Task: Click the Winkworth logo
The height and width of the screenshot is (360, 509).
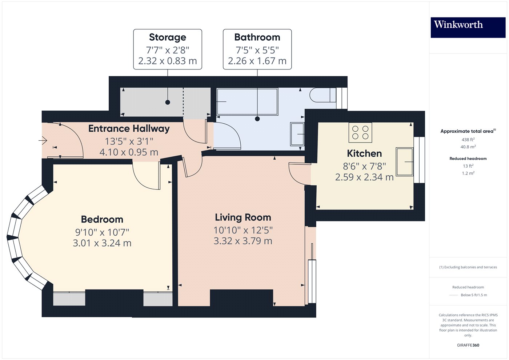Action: pyautogui.click(x=468, y=27)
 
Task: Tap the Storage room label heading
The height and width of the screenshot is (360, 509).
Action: pyautogui.click(x=167, y=37)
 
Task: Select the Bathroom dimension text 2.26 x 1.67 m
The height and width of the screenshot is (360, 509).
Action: pyautogui.click(x=257, y=61)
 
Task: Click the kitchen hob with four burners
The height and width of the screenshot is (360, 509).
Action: pyautogui.click(x=360, y=132)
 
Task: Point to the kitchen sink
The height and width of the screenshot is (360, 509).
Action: pyautogui.click(x=404, y=161)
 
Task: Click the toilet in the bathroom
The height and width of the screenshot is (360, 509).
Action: pyautogui.click(x=322, y=95)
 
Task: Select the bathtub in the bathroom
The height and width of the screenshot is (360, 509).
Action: pyautogui.click(x=247, y=102)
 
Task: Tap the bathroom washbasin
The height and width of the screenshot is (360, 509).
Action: pyautogui.click(x=297, y=134)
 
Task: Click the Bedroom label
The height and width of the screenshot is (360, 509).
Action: pyautogui.click(x=102, y=219)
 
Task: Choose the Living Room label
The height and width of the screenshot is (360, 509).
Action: pyautogui.click(x=243, y=217)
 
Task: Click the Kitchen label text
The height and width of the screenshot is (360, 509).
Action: pyautogui.click(x=364, y=153)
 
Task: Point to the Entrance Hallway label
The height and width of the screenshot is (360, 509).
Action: pyautogui.click(x=129, y=129)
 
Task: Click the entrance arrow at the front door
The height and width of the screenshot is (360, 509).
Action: pyautogui.click(x=43, y=140)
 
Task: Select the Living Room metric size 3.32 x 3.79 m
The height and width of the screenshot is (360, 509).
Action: pyautogui.click(x=243, y=241)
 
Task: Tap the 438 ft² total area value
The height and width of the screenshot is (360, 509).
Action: pyautogui.click(x=468, y=140)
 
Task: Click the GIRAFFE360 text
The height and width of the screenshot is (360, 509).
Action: pyautogui.click(x=468, y=345)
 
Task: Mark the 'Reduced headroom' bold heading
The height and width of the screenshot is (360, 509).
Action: pyautogui.click(x=468, y=159)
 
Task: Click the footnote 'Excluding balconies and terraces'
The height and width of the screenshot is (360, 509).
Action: pyautogui.click(x=468, y=267)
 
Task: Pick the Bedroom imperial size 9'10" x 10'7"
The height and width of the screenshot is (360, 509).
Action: pyautogui.click(x=102, y=232)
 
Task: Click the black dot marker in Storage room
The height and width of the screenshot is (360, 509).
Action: pyautogui.click(x=168, y=102)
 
